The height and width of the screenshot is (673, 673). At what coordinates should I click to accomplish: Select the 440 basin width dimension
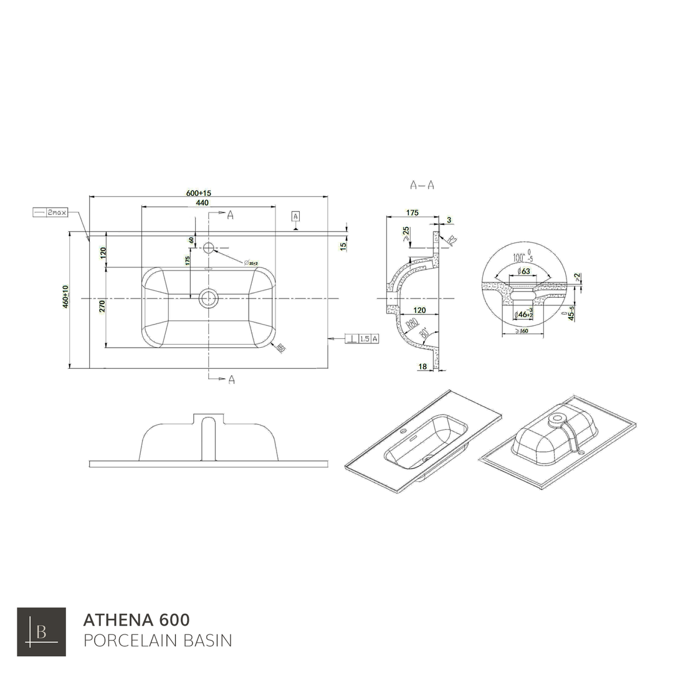pyautogui.click(x=203, y=203)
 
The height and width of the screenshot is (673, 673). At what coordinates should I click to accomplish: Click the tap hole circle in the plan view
pyautogui.click(x=209, y=248)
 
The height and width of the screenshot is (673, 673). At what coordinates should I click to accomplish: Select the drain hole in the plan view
pyautogui.click(x=208, y=298)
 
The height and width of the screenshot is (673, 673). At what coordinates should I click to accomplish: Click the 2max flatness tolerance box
pyautogui.click(x=50, y=212)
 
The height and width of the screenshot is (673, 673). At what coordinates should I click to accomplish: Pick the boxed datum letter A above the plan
pyautogui.click(x=296, y=216)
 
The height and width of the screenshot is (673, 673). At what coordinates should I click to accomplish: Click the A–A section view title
pyautogui.click(x=422, y=185)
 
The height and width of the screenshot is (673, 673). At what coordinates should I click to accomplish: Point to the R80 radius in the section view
pyautogui.click(x=411, y=324)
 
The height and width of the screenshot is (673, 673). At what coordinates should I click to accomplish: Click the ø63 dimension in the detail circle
pyautogui.click(x=523, y=271)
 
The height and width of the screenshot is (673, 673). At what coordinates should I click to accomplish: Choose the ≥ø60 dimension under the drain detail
pyautogui.click(x=522, y=330)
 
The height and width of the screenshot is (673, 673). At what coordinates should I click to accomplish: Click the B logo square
pyautogui.click(x=41, y=632)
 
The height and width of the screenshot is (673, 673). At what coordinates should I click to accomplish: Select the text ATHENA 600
pyautogui.click(x=136, y=620)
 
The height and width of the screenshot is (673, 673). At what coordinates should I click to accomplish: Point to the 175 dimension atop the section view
pyautogui.click(x=413, y=212)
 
